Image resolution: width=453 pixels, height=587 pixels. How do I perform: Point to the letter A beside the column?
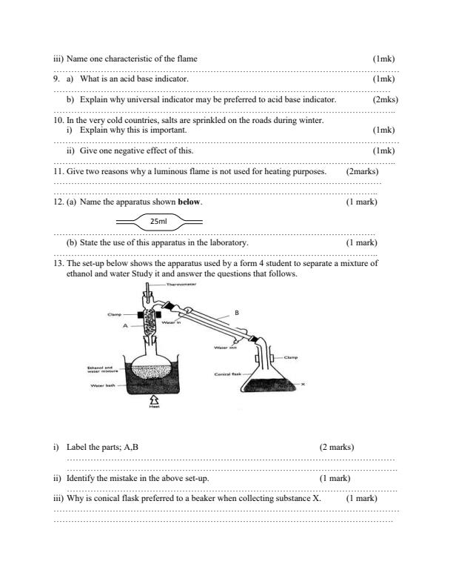click(x=126, y=325)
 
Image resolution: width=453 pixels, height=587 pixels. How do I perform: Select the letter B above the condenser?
click(x=237, y=314)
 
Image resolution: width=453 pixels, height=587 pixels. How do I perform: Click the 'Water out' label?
click(x=225, y=347)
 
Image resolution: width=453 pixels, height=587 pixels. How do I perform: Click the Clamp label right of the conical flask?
click(x=289, y=358)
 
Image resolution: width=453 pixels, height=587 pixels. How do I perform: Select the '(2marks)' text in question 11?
click(x=362, y=171)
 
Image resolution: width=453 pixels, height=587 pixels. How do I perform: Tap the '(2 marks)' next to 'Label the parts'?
click(x=336, y=447)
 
